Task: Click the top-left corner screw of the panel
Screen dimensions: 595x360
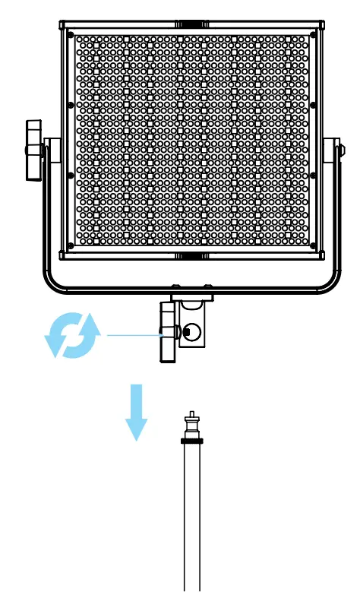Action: click(x=71, y=35)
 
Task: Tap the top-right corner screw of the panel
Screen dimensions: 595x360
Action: click(x=311, y=35)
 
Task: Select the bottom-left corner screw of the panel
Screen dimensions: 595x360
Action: click(x=71, y=245)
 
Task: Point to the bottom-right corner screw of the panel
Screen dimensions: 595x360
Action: click(x=311, y=245)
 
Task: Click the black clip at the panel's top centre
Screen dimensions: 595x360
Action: click(x=191, y=24)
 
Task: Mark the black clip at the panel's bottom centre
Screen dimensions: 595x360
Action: click(x=191, y=256)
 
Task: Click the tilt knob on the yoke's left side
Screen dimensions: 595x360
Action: click(x=33, y=150)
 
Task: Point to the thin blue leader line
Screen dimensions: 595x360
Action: click(x=133, y=334)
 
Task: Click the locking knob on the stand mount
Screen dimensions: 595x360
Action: click(x=166, y=332)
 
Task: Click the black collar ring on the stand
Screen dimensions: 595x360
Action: click(x=191, y=440)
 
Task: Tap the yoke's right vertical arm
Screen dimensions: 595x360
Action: click(x=335, y=213)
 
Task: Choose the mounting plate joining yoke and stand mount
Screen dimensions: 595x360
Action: click(x=192, y=296)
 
